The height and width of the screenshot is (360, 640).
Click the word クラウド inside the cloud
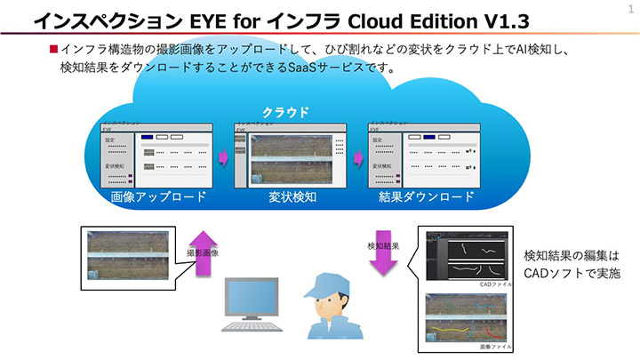point(285,112)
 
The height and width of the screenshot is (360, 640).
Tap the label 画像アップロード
point(158,196)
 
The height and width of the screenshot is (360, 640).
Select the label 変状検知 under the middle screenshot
point(292,196)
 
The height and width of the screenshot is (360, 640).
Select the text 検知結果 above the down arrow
point(383,245)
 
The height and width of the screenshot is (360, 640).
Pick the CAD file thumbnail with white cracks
point(466,256)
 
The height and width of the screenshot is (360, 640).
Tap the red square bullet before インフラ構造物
point(53,51)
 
